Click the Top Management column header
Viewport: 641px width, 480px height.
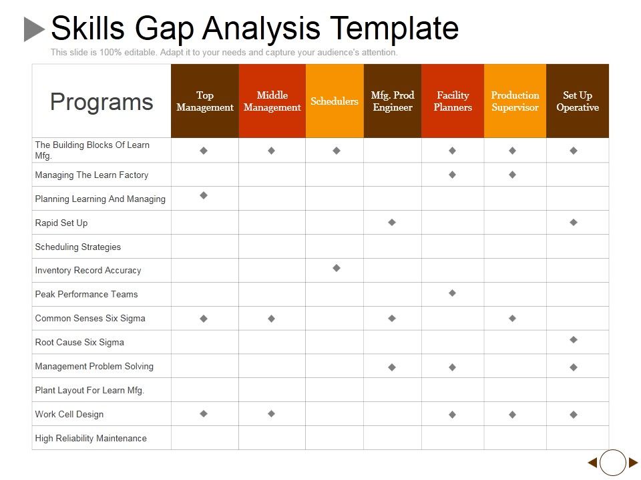point(205,101)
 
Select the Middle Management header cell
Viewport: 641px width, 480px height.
point(272,101)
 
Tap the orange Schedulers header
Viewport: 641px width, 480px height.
point(335,101)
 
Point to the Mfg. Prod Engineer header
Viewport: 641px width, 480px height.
point(393,101)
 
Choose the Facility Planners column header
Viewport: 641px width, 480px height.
point(453,101)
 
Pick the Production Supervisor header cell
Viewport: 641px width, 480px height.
point(515,101)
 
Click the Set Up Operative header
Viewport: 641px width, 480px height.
point(578,101)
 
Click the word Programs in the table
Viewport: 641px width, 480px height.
point(101,101)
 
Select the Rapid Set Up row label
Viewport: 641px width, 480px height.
point(61,223)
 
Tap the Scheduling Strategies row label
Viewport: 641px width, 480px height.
point(78,247)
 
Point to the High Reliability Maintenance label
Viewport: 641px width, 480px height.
point(91,438)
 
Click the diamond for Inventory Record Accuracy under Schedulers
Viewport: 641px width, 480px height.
point(337,268)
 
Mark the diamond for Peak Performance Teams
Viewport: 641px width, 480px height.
point(452,293)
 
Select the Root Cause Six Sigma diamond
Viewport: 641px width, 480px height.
point(574,340)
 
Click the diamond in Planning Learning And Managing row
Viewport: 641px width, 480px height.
point(204,195)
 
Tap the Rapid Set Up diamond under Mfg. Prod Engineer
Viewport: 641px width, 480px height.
point(392,222)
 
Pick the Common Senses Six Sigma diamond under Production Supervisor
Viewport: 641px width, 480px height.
point(512,319)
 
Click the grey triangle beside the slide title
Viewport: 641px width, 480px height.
point(33,29)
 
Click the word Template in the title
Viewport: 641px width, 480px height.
point(395,29)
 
